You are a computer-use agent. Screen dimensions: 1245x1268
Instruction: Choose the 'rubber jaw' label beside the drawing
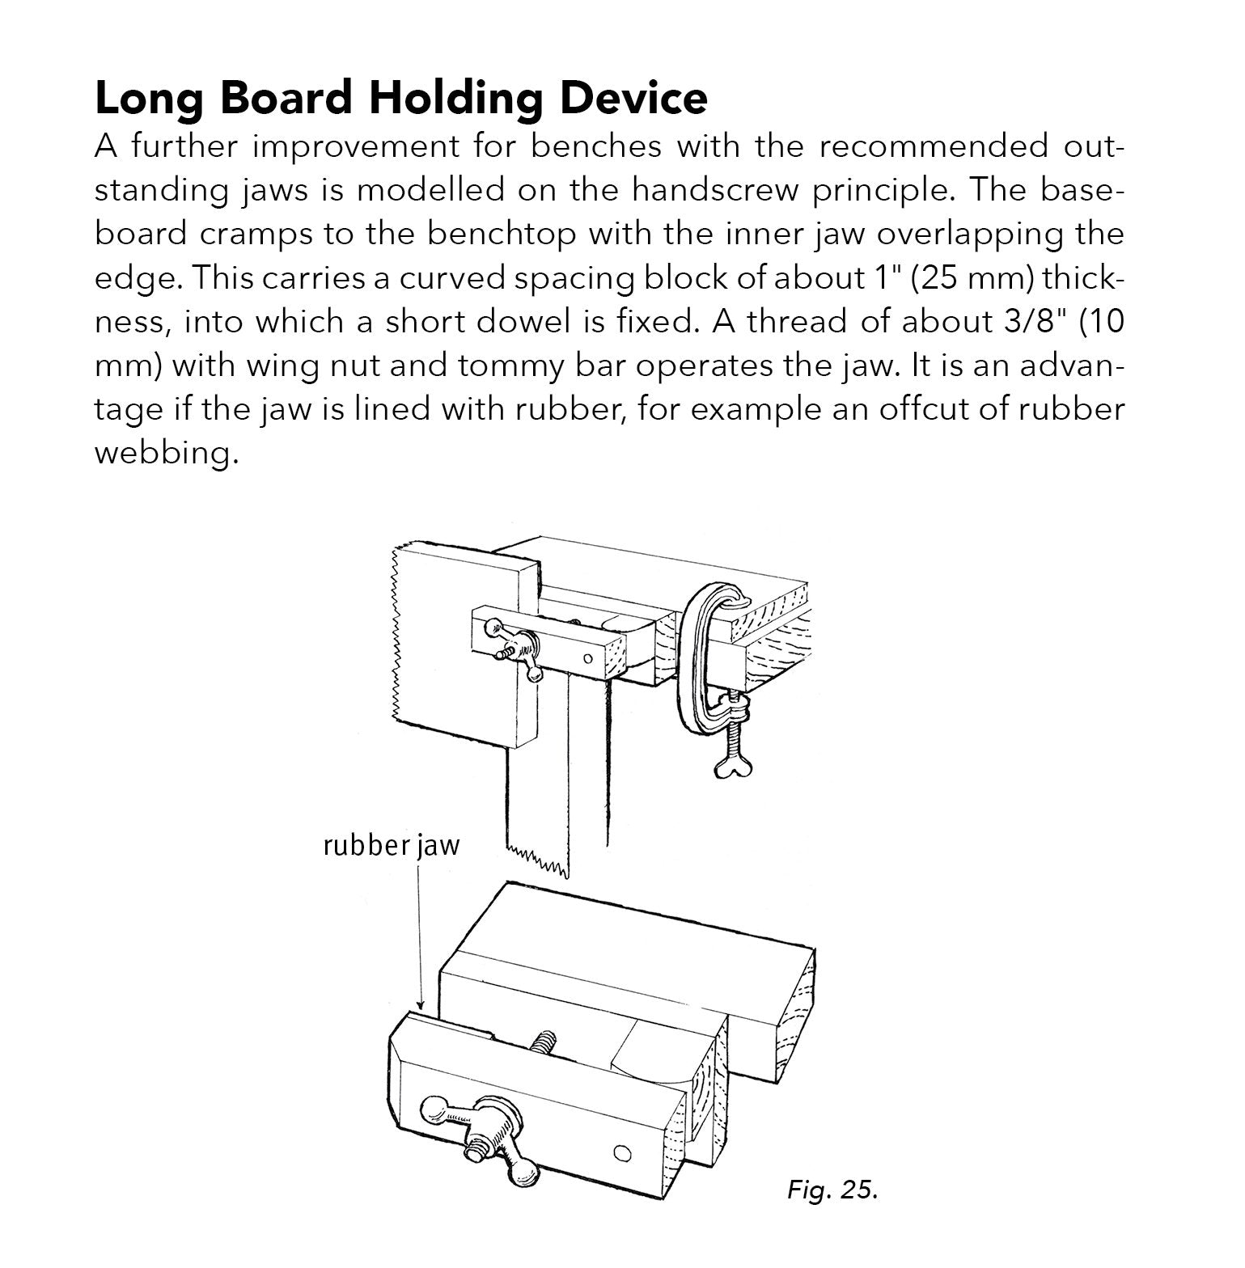[391, 845]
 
